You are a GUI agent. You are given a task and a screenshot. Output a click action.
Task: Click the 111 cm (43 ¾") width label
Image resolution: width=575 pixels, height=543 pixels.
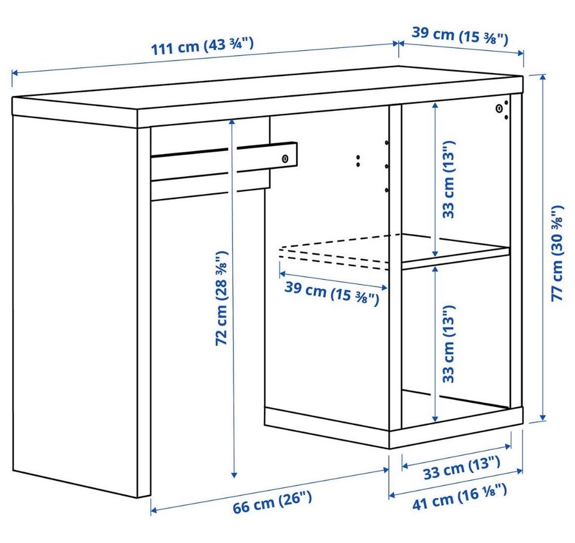[202, 46]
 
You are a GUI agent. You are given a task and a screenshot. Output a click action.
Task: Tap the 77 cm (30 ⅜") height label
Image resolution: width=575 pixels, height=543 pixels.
[558, 253]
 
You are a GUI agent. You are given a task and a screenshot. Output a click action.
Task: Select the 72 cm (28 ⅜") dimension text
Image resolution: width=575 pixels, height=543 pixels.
[222, 298]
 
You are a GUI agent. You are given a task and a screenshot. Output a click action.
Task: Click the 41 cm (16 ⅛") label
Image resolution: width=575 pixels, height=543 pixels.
[460, 497]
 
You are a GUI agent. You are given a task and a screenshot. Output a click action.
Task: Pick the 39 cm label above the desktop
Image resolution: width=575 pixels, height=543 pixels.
[460, 35]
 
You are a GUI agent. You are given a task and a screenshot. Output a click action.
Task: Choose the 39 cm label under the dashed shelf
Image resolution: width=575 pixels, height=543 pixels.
[331, 293]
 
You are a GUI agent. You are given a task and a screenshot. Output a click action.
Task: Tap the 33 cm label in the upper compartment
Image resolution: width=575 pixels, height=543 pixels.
[449, 179]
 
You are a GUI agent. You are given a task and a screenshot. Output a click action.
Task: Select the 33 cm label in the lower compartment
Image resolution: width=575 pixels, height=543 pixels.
[449, 343]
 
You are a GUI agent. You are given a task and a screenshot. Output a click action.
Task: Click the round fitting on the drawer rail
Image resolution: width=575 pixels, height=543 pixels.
[285, 159]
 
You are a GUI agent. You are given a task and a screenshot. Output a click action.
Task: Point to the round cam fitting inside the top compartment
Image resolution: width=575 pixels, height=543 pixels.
[499, 108]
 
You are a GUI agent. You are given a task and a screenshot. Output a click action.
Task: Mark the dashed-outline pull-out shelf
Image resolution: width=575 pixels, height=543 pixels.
[334, 252]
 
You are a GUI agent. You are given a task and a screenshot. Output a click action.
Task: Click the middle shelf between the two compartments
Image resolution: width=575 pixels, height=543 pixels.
[456, 249]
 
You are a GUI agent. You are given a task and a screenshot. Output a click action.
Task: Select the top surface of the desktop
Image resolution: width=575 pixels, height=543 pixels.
[268, 88]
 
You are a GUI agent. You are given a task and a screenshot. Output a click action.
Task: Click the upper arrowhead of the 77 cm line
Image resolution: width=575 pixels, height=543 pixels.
[543, 77]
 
